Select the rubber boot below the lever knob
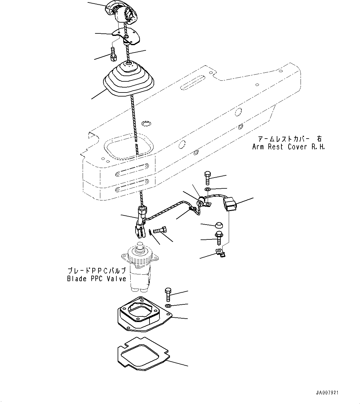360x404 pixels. (x=128, y=80)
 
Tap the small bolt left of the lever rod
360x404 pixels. (x=113, y=53)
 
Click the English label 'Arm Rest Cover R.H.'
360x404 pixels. (x=288, y=147)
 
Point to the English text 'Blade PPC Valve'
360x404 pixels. (x=97, y=279)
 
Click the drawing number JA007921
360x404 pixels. (x=327, y=393)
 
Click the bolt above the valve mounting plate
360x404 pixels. (x=167, y=294)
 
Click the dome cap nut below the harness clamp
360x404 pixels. (x=219, y=224)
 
